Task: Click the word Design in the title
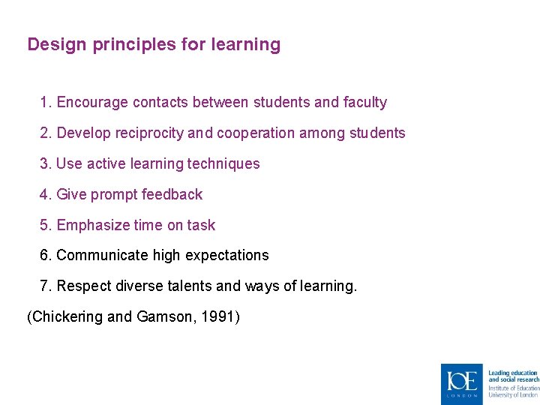pyautogui.click(x=57, y=45)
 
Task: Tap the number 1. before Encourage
pyautogui.click(x=46, y=103)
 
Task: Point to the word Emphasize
pyautogui.click(x=92, y=226)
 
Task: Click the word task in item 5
pyautogui.click(x=201, y=226)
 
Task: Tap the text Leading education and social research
pyautogui.click(x=513, y=376)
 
